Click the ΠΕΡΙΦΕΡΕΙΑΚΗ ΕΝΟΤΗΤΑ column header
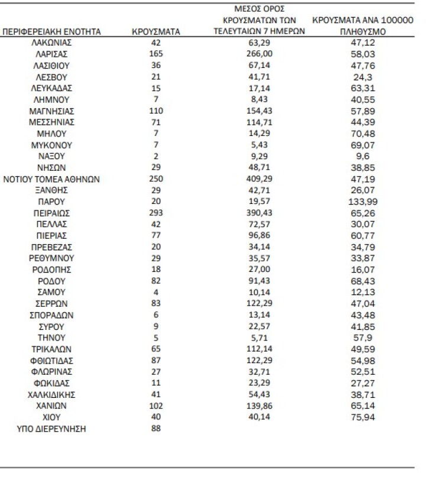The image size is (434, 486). click(x=52, y=31)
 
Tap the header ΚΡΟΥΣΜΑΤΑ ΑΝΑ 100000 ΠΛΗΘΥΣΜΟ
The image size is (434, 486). click(x=362, y=25)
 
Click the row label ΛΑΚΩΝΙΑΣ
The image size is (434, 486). click(x=52, y=43)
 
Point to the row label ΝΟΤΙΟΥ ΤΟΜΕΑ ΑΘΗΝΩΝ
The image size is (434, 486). click(x=52, y=179)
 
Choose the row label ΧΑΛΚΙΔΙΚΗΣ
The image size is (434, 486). click(x=52, y=394)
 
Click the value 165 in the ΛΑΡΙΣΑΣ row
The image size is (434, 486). click(x=156, y=54)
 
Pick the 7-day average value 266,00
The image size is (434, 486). click(x=258, y=54)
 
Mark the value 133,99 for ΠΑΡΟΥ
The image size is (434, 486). click(x=362, y=201)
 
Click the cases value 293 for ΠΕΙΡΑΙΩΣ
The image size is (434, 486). click(x=156, y=212)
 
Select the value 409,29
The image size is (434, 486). click(x=258, y=179)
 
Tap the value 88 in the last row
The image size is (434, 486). click(x=156, y=429)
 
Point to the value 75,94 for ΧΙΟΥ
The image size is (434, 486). click(x=362, y=417)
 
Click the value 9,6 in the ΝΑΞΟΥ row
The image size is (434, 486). click(x=362, y=156)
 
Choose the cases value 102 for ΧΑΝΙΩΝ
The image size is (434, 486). click(x=156, y=406)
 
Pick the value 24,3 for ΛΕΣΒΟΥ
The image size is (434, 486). click(x=362, y=76)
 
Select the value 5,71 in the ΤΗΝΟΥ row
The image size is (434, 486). click(x=258, y=338)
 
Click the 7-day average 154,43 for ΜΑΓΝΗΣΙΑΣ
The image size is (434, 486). click(x=258, y=111)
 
